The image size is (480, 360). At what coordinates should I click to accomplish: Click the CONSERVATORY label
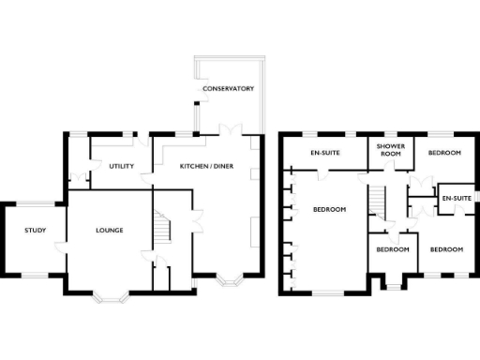(229, 89)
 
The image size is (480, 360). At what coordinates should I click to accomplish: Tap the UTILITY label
(122, 166)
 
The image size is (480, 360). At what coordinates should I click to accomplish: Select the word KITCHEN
(195, 166)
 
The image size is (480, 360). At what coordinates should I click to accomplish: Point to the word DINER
(223, 166)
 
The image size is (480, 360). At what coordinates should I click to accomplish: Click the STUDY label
(36, 230)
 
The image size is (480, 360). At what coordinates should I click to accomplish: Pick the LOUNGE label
(109, 230)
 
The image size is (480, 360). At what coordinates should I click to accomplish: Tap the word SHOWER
(389, 148)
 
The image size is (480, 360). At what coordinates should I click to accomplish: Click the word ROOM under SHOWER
(389, 156)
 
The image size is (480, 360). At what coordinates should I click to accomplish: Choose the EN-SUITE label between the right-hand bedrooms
(457, 198)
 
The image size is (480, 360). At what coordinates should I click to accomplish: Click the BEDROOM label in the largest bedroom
(330, 209)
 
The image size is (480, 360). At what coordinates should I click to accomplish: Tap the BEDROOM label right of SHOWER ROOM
(444, 152)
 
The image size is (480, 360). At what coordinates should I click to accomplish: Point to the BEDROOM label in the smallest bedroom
(392, 249)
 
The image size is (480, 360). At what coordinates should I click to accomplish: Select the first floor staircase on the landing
(378, 201)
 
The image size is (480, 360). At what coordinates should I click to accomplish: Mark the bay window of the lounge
(113, 297)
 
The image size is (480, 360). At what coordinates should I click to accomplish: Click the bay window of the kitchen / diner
(229, 280)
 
